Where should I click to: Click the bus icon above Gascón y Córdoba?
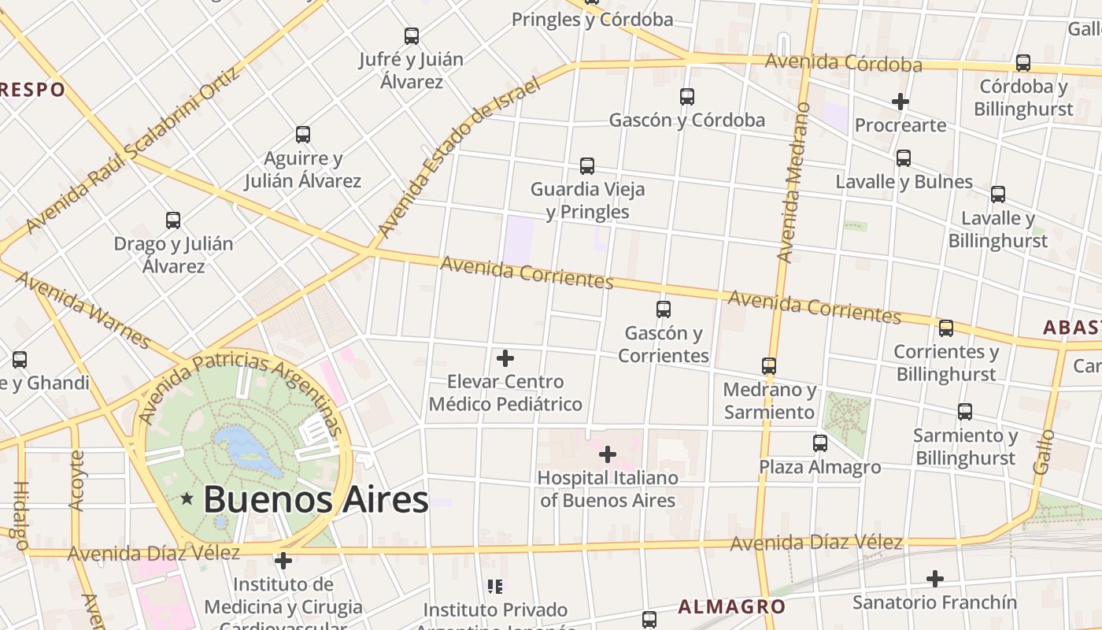click(x=687, y=97)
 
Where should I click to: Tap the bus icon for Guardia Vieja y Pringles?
click(x=587, y=166)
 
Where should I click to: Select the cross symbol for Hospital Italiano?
click(x=608, y=454)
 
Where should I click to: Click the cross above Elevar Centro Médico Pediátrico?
click(x=505, y=359)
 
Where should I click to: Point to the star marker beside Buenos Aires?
click(x=187, y=498)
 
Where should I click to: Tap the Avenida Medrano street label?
click(x=793, y=183)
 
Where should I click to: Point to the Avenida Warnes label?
click(x=82, y=310)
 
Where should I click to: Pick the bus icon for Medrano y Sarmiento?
click(x=769, y=366)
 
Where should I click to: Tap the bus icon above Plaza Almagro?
click(x=820, y=443)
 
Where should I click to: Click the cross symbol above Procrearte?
click(x=900, y=102)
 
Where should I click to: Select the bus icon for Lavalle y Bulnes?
click(x=904, y=158)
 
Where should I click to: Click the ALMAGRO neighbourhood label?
click(x=731, y=606)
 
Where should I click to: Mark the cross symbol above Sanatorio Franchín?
click(x=934, y=579)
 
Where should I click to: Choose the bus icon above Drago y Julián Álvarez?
click(x=173, y=220)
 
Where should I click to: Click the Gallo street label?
click(x=1043, y=452)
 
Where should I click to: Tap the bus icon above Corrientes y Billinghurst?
click(x=946, y=328)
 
